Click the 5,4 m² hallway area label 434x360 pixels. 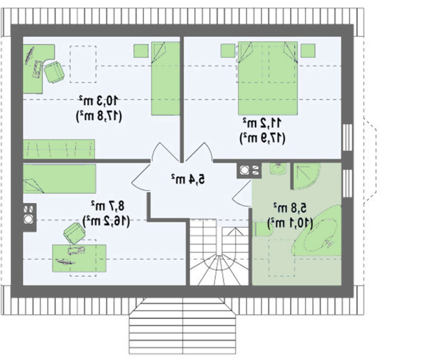coord(188,179)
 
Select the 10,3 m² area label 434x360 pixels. coord(99,100)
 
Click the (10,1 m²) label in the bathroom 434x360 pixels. coord(290,223)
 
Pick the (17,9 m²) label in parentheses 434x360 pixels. coord(262,138)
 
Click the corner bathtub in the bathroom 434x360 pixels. coord(317,231)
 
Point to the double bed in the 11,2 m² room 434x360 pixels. coord(268,78)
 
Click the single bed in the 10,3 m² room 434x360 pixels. coord(165,78)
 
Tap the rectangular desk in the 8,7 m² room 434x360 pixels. coord(79,258)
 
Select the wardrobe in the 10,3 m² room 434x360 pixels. coord(59,149)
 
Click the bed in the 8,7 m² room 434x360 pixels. coord(59,178)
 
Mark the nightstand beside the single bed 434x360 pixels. coord(141,51)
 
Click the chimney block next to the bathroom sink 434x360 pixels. coord(249,170)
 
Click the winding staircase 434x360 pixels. coord(219,252)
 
